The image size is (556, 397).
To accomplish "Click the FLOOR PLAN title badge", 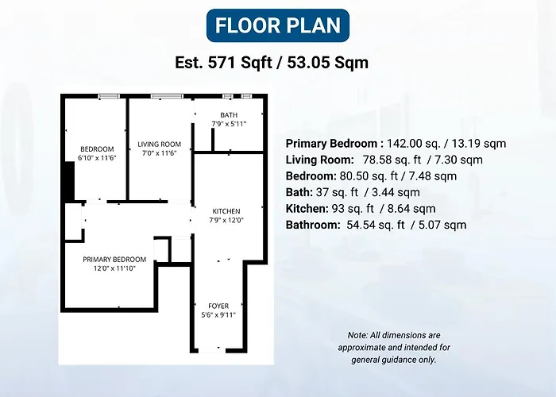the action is point(278,25).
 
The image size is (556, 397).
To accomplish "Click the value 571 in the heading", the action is point(222,63).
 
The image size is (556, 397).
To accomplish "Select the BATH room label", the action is point(229,115).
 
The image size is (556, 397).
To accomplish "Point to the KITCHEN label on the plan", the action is point(226,211).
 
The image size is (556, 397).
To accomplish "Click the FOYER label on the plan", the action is point(218,306).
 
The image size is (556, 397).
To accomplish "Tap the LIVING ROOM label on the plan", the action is point(159,145).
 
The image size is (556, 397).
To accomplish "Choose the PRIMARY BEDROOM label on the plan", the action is point(114,260).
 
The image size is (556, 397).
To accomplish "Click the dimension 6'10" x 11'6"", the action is point(97,158).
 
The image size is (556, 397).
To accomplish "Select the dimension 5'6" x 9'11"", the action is point(218,314).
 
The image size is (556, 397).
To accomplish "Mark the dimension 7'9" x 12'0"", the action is point(226,220).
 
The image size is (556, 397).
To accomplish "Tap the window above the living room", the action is point(167,96).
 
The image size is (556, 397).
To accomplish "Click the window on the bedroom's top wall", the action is point(109,96).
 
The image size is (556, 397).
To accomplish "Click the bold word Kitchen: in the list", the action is point(307,208).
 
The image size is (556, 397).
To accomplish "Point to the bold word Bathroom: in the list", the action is point(313,225).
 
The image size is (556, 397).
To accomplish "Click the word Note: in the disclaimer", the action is point(357,335).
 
